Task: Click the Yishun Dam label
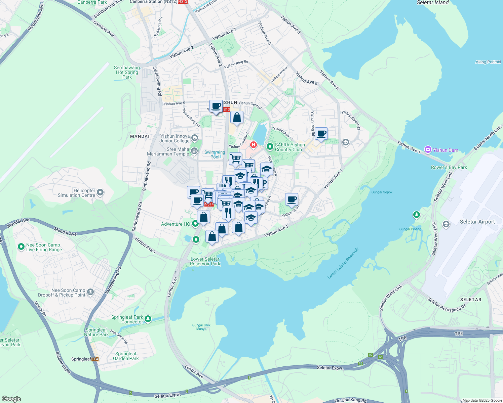coord(445,150)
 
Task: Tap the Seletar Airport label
coord(477,222)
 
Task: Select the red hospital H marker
coord(253,145)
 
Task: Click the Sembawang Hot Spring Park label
coord(127,72)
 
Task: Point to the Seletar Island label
coord(432,3)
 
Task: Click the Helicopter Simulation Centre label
coord(77,193)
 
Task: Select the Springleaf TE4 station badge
coord(95,359)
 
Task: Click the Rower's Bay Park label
coord(449,167)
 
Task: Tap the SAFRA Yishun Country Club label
coord(289,147)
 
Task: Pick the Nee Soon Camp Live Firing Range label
coord(44,247)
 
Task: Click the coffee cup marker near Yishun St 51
coord(292,199)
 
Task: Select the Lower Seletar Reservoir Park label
coord(205,261)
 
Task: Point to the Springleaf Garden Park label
coord(126,356)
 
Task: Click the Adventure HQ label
coord(176,224)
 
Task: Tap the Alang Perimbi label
coord(488,62)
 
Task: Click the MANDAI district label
coord(140,136)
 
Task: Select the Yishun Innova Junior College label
coord(175,138)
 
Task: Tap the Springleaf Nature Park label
coord(96,332)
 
